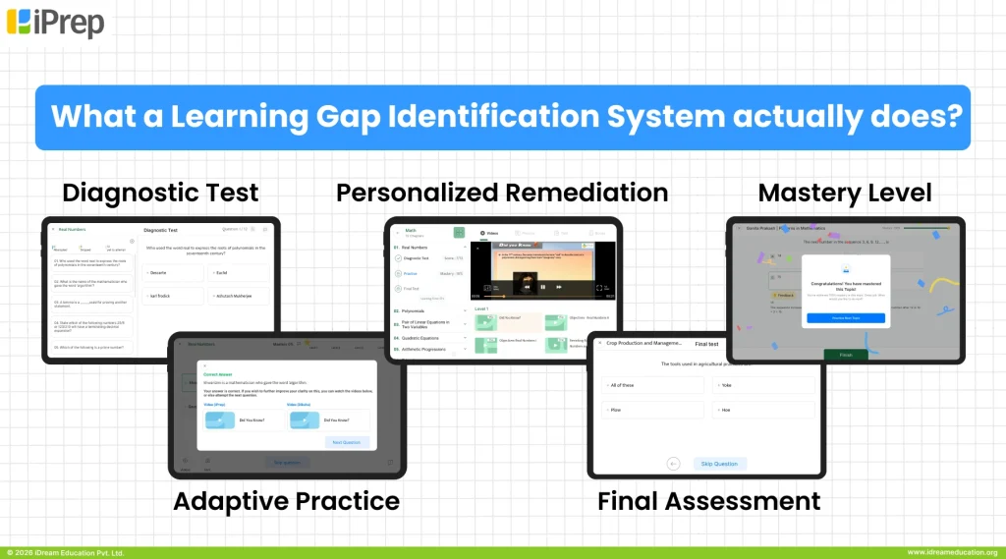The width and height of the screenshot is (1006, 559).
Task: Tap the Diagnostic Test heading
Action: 160,192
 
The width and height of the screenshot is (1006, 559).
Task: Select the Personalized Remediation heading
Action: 502,192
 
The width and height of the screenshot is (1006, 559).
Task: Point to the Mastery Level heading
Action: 845,192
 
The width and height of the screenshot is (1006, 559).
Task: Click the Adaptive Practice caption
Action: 286,501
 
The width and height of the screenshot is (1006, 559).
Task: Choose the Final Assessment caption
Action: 708,501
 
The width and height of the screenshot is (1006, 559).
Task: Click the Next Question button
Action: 347,442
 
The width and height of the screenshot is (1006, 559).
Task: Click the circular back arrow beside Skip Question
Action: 674,463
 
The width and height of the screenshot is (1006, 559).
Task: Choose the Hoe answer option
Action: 762,410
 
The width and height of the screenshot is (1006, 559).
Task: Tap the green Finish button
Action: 844,354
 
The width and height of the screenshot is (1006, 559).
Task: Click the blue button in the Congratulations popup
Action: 845,318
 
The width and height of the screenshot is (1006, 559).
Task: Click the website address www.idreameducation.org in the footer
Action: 951,553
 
